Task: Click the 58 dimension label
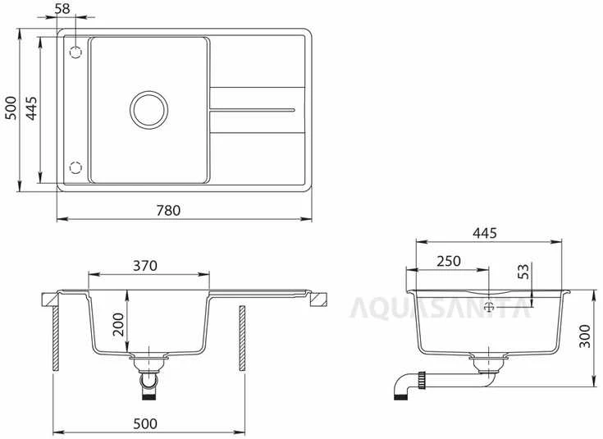click(62, 8)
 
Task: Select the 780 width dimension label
click(168, 210)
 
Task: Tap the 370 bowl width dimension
click(145, 266)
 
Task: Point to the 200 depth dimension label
click(118, 324)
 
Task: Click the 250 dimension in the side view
click(449, 261)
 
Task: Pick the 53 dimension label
click(523, 271)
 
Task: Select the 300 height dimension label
click(584, 336)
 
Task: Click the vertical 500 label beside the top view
click(11, 108)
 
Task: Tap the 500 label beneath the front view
click(145, 423)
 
